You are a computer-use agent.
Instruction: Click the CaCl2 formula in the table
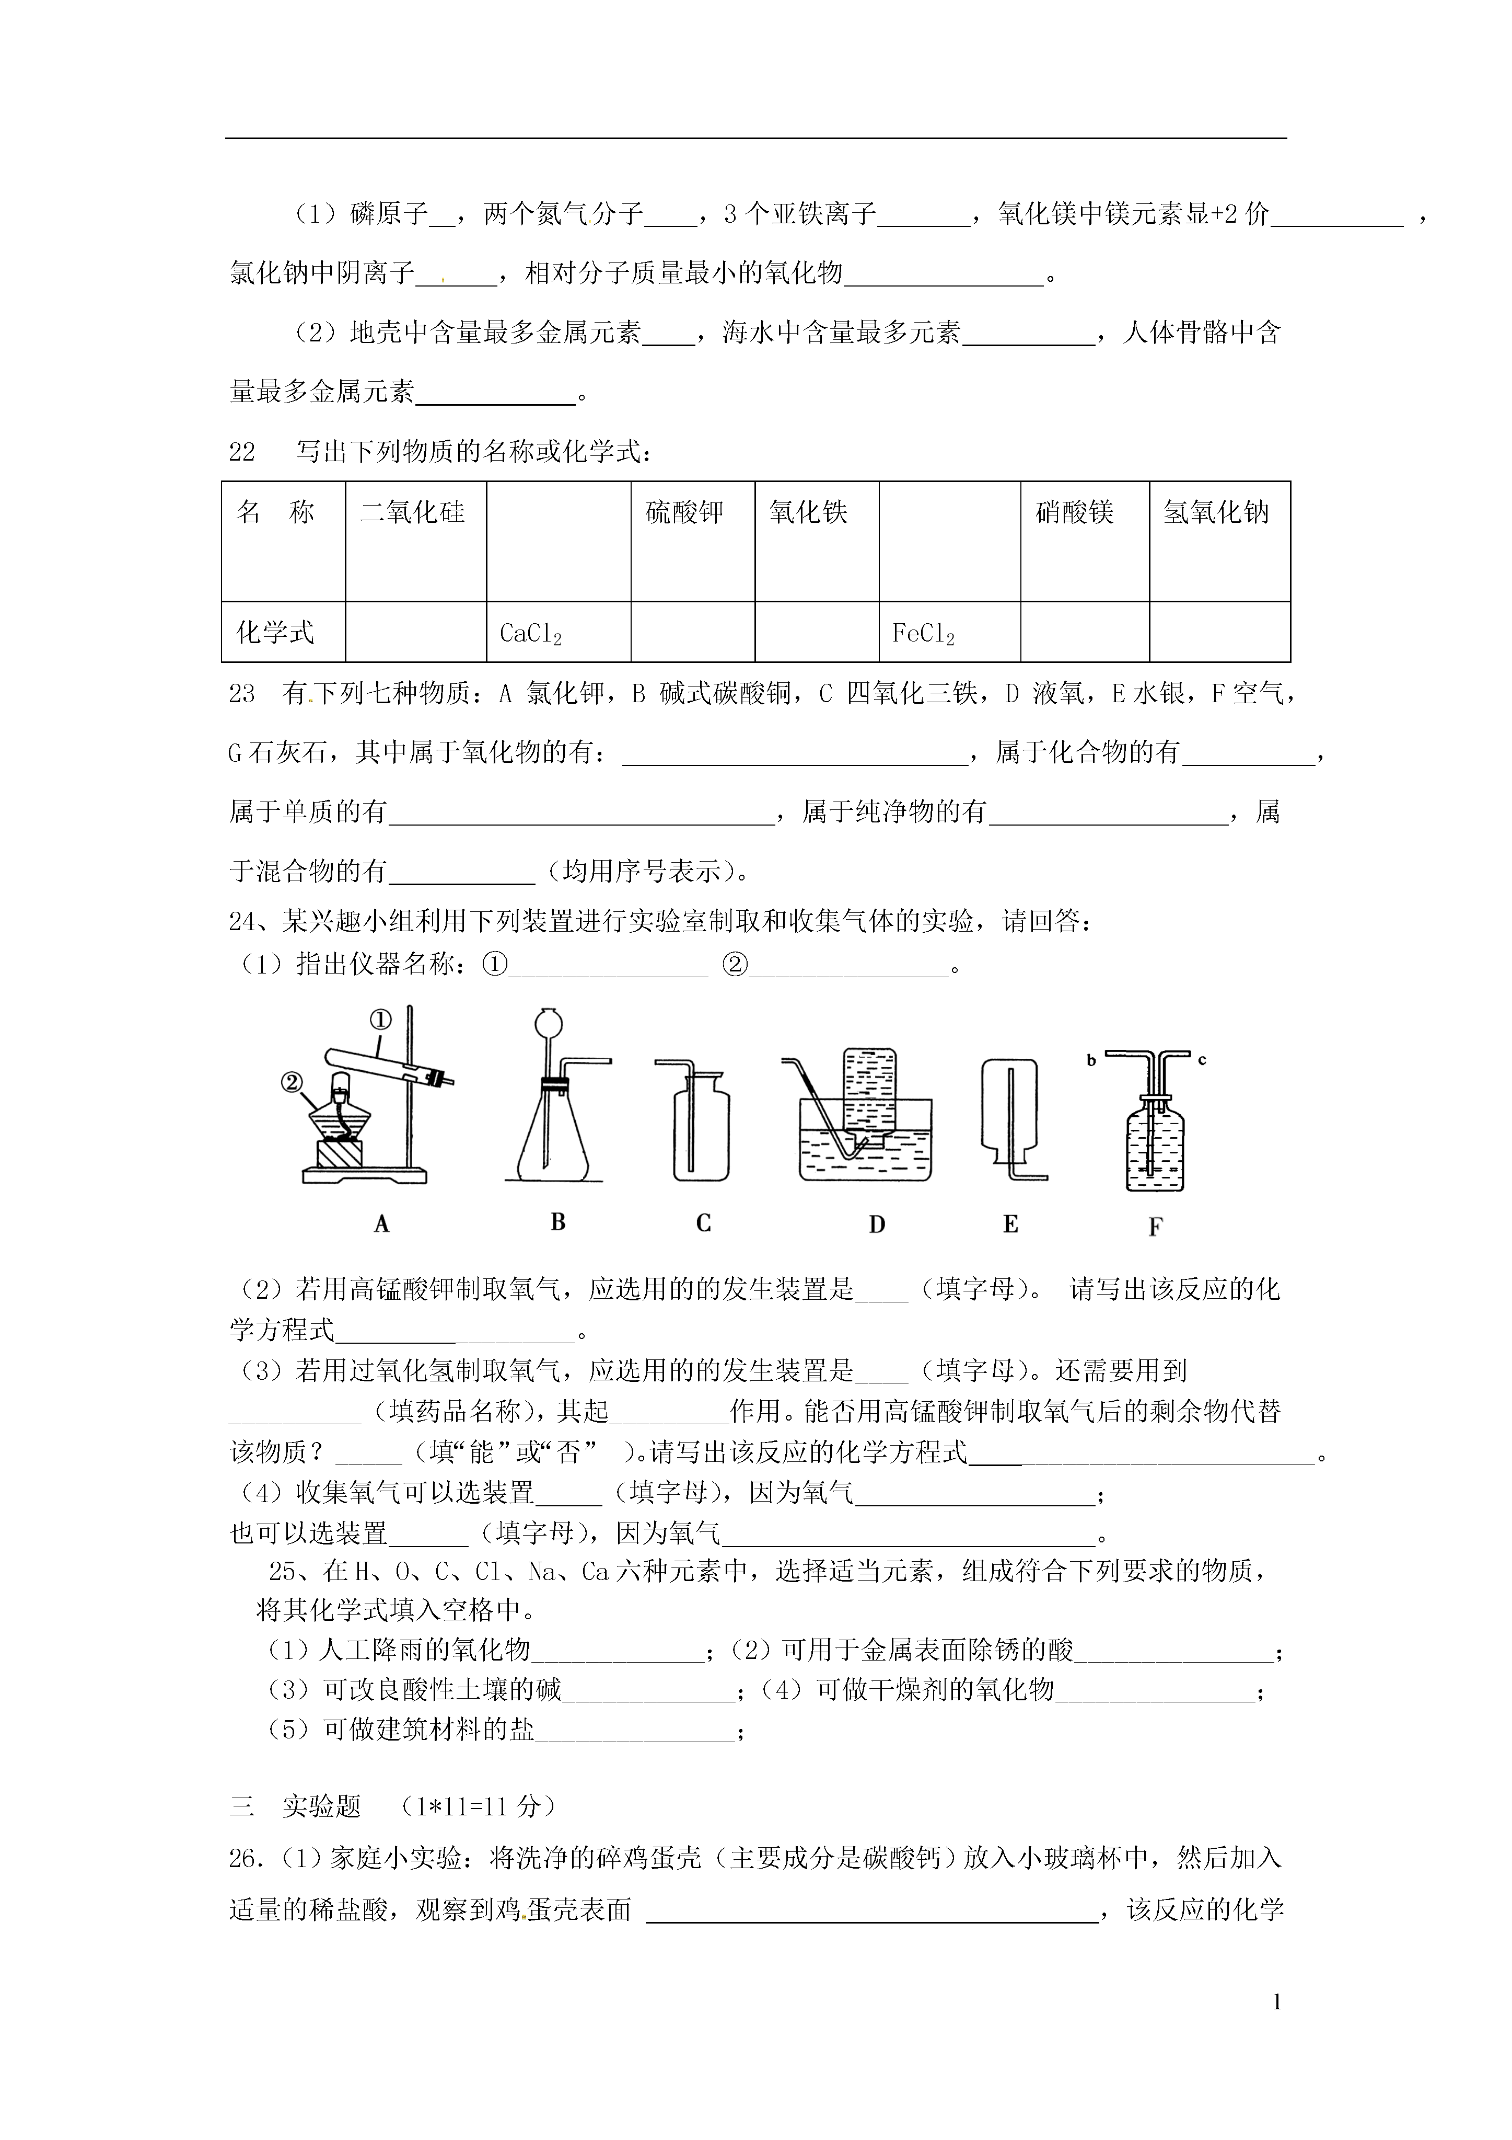530,634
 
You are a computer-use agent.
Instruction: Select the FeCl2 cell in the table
923,634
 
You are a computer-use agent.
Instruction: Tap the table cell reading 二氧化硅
413,512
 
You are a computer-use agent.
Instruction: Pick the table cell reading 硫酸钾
685,512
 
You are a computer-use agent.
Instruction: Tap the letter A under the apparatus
381,1224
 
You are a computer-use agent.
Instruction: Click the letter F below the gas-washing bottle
1155,1227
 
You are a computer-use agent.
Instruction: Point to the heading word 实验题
321,1806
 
